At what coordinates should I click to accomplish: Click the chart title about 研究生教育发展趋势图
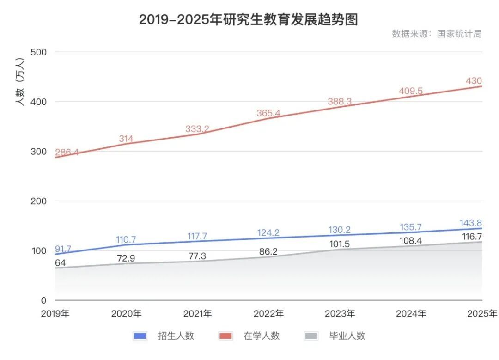tap(249, 19)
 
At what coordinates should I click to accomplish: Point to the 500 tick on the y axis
tap(38, 52)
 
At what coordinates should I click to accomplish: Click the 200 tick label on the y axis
tap(38, 201)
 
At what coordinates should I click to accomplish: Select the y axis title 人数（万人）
tap(20, 82)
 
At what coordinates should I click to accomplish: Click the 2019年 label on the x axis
tap(55, 313)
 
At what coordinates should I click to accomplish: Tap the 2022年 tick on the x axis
tap(268, 313)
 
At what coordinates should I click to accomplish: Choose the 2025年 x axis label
tap(482, 313)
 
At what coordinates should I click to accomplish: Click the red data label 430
tap(474, 81)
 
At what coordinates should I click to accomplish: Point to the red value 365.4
tap(268, 113)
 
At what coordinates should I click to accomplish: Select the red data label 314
tap(126, 139)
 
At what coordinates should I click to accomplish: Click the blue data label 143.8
tap(471, 223)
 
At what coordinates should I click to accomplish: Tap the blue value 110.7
tap(126, 239)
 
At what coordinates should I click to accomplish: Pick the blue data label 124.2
tap(268, 232)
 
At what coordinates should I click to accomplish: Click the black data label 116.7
tap(472, 237)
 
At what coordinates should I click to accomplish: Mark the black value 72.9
tap(126, 258)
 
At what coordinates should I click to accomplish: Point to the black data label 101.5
tap(340, 244)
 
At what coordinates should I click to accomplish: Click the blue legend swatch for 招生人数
tap(140, 336)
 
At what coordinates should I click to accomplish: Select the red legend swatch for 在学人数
tap(225, 336)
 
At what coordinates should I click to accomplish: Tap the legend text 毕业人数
tap(347, 336)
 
